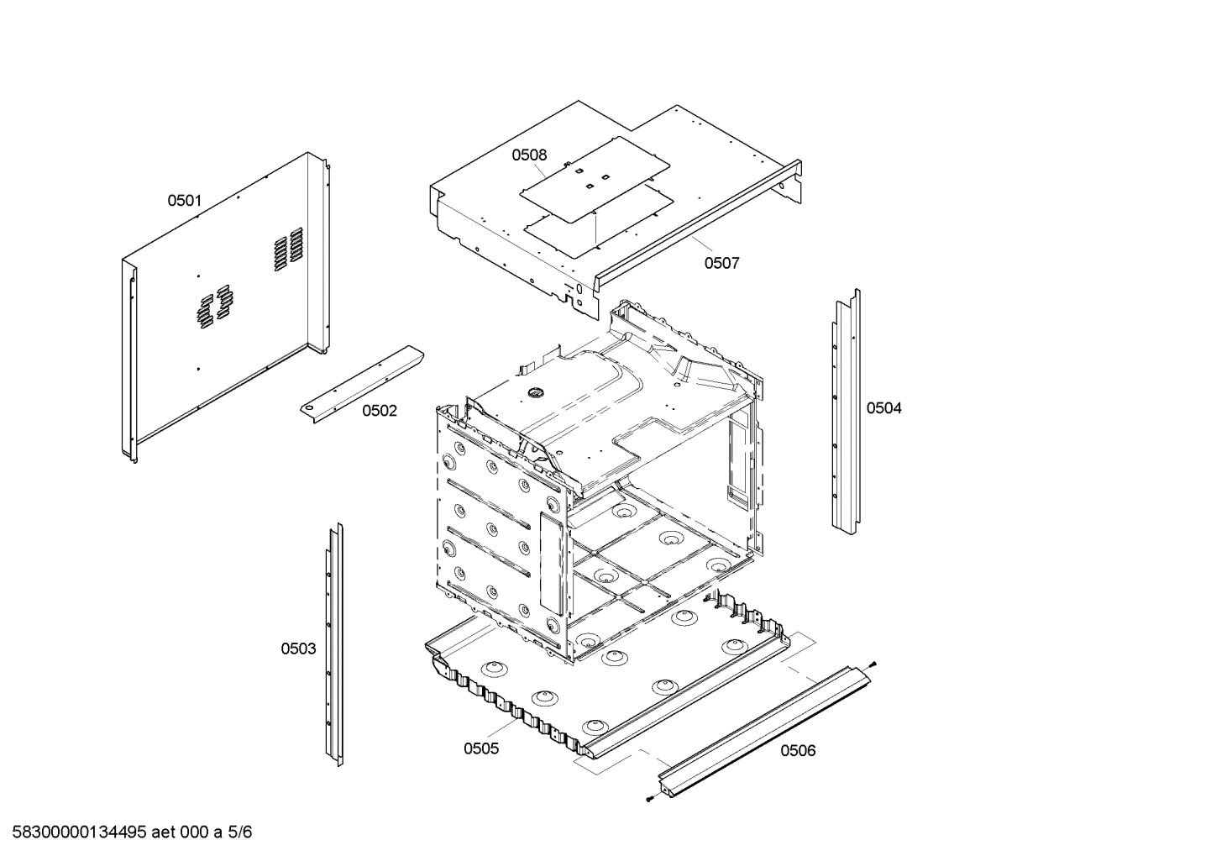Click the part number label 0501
[x=184, y=200]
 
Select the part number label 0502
[x=380, y=411]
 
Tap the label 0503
[x=298, y=649]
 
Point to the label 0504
[x=883, y=408]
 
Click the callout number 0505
[x=481, y=748]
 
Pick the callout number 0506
[x=798, y=750]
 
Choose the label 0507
[x=721, y=263]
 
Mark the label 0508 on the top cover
[x=529, y=155]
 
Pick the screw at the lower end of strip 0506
[x=652, y=799]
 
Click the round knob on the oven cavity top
[x=533, y=391]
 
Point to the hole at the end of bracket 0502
[x=311, y=408]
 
